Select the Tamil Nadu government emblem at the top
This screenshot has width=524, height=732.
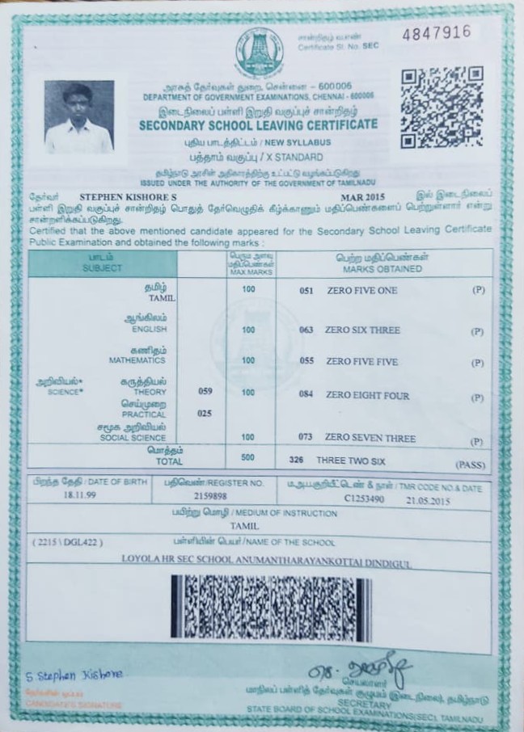pos(259,53)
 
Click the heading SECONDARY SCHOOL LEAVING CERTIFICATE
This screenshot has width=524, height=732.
pos(258,124)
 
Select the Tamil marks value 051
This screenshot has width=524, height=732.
pos(306,290)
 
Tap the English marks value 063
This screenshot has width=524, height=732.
pos(306,330)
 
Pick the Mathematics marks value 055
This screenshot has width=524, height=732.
pos(306,362)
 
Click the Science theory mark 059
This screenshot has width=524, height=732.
pos(205,391)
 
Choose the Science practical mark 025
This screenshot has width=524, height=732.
pos(205,413)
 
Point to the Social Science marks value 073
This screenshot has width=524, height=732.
pos(306,437)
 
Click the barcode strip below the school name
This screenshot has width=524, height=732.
pos(261,608)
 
